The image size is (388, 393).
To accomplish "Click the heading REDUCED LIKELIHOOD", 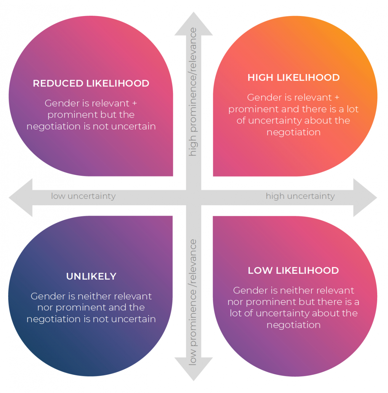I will (x=91, y=84).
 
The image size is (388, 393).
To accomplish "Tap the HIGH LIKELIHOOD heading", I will (x=293, y=78).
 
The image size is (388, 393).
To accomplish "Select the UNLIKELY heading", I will (x=91, y=276).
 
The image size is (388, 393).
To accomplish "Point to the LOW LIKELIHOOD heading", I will (x=293, y=271).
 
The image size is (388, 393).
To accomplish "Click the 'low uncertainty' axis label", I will (x=83, y=196).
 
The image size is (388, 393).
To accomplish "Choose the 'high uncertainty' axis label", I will (x=300, y=196).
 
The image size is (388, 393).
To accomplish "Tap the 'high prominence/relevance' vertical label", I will (x=193, y=92).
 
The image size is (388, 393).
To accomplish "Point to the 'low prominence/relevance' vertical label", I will (x=193, y=302).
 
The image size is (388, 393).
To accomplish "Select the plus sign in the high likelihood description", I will (x=337, y=98).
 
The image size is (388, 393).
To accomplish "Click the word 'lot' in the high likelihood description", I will (x=352, y=109).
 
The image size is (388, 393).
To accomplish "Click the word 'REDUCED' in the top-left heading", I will (x=54, y=84).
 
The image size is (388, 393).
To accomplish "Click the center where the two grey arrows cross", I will (x=194, y=197).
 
